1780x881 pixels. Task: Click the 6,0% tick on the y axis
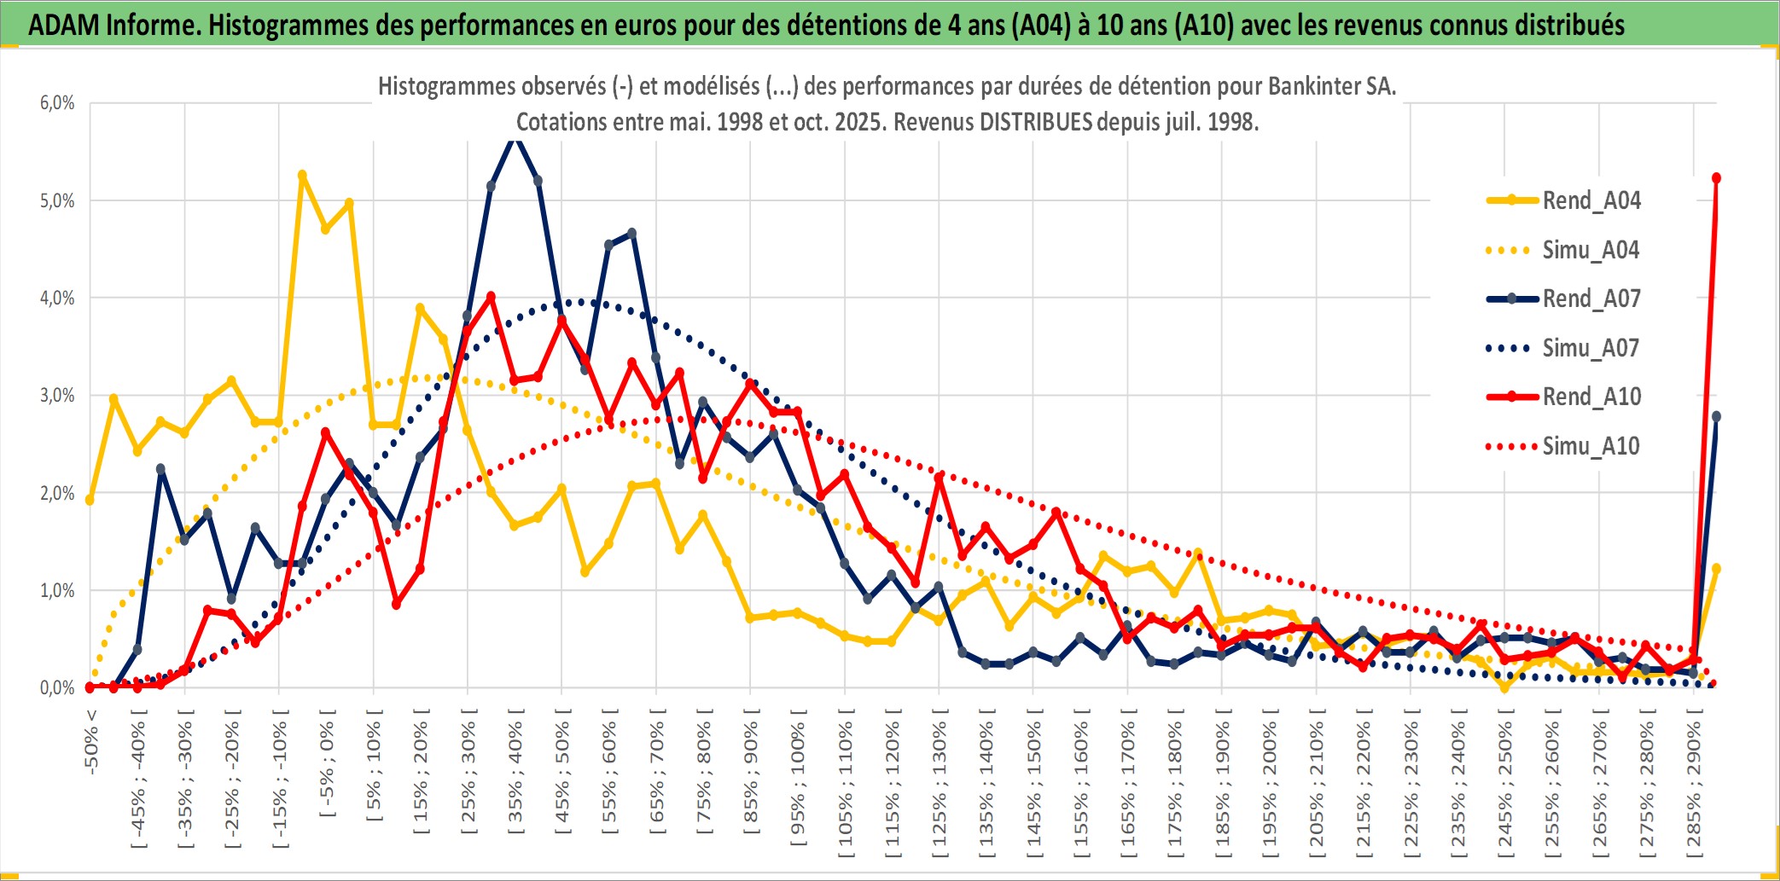tap(57, 103)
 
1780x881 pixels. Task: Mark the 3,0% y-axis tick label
tap(57, 396)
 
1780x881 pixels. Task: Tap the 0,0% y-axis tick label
tap(57, 687)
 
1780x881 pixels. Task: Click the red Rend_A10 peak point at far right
tap(1716, 178)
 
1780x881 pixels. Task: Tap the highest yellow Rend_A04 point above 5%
tap(302, 175)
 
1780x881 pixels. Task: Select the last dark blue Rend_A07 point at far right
tap(1716, 416)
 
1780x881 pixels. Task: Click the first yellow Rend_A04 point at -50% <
tap(90, 500)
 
